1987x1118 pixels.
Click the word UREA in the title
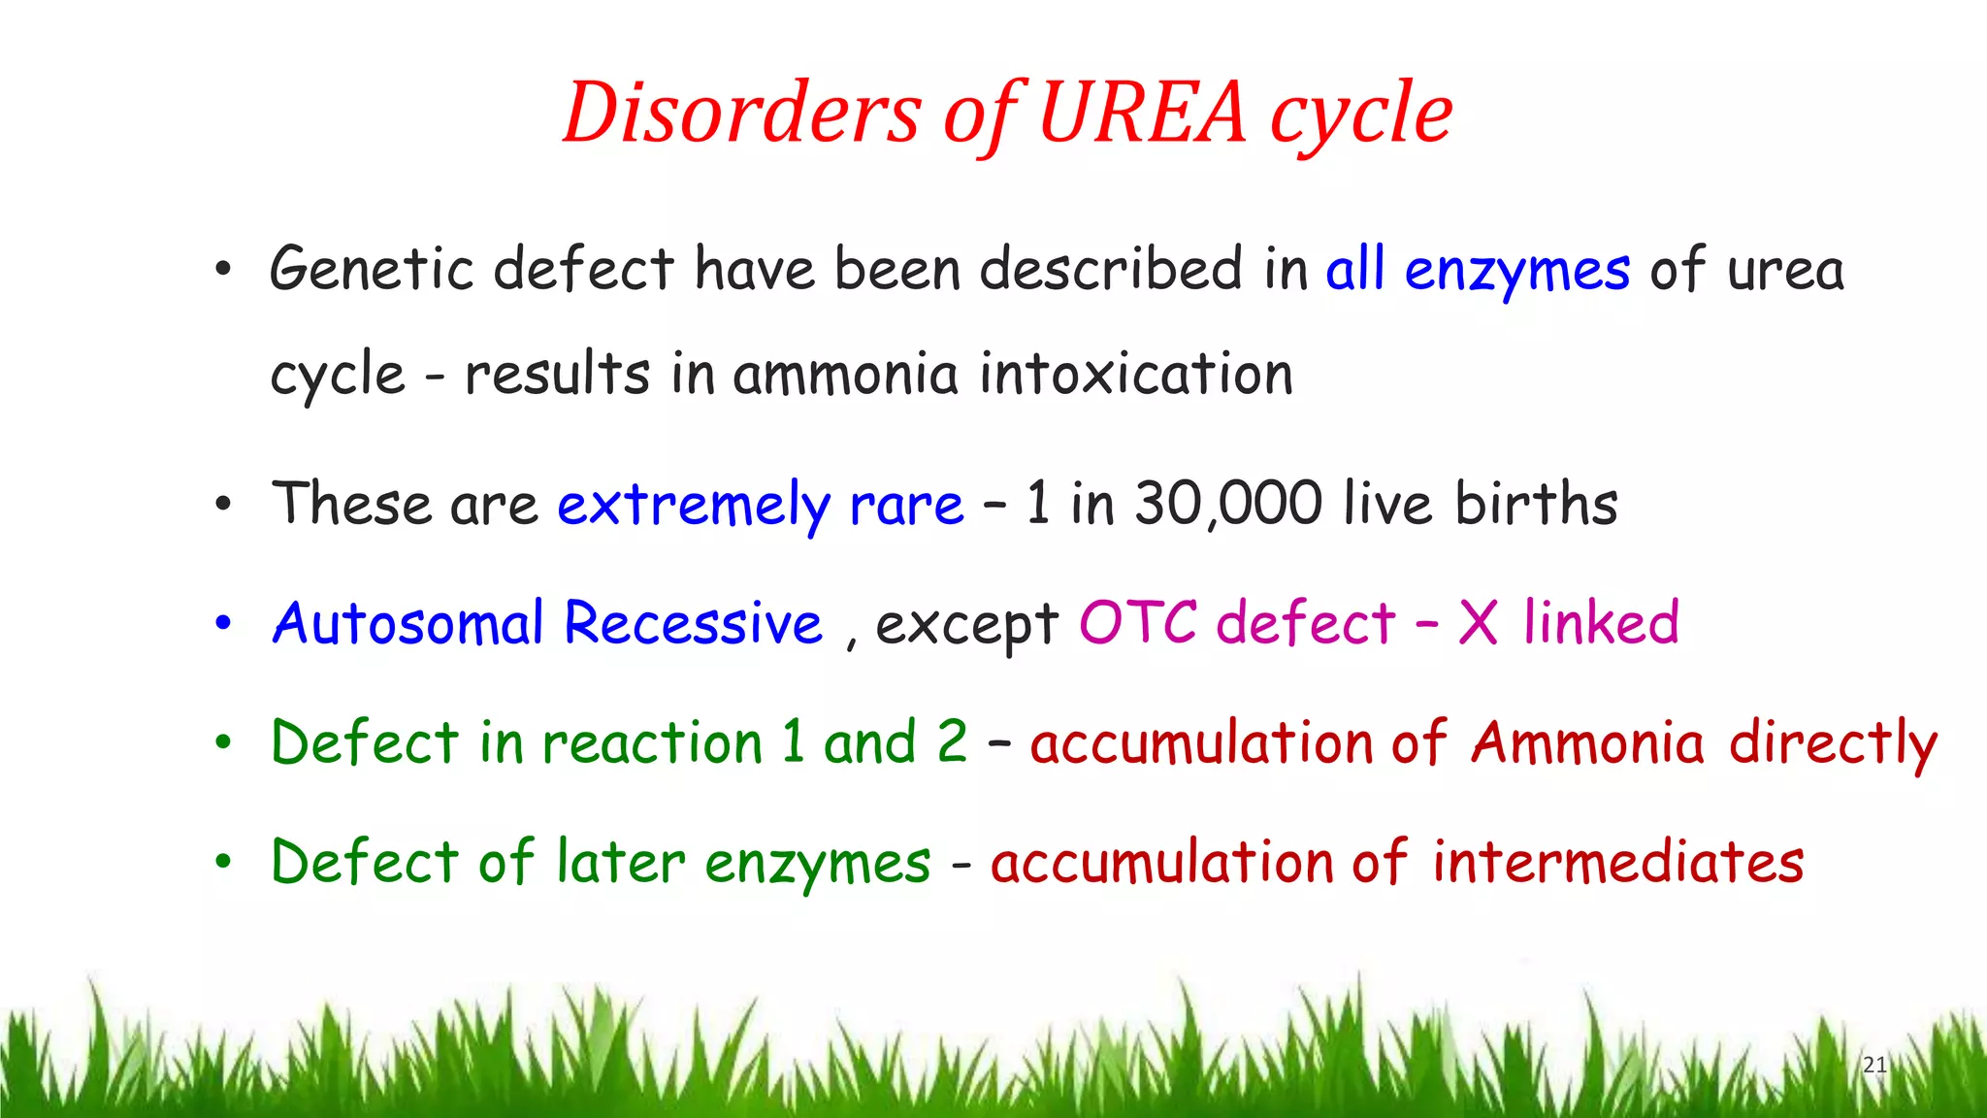pyautogui.click(x=1142, y=113)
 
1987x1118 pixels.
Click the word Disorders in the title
pyautogui.click(x=741, y=113)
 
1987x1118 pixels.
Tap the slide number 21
pyautogui.click(x=1874, y=1065)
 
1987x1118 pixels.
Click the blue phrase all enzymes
pyautogui.click(x=1478, y=271)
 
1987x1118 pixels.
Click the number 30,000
pyautogui.click(x=1228, y=504)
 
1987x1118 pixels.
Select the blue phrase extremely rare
pyautogui.click(x=761, y=506)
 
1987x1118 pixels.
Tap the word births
pyautogui.click(x=1536, y=504)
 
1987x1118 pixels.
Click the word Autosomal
pyautogui.click(x=407, y=623)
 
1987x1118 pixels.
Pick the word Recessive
pyautogui.click(x=693, y=623)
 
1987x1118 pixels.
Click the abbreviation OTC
pyautogui.click(x=1138, y=623)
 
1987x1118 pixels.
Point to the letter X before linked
pyautogui.click(x=1478, y=623)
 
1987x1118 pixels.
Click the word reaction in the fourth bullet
pyautogui.click(x=652, y=743)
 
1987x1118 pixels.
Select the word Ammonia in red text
pyautogui.click(x=1587, y=743)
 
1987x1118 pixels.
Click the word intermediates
pyautogui.click(x=1617, y=862)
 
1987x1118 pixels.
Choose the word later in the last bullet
pyautogui.click(x=621, y=862)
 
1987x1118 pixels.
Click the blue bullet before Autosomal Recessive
pyautogui.click(x=223, y=624)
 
